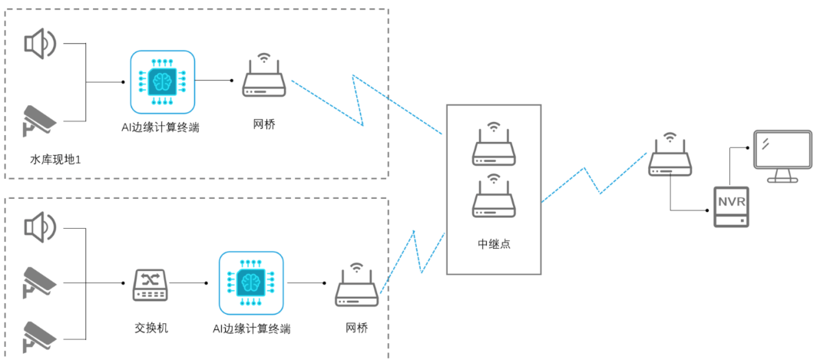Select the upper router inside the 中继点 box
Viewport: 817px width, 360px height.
click(x=494, y=148)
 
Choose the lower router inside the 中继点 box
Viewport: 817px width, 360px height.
click(x=494, y=200)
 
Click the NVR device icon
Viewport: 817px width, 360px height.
click(x=731, y=206)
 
